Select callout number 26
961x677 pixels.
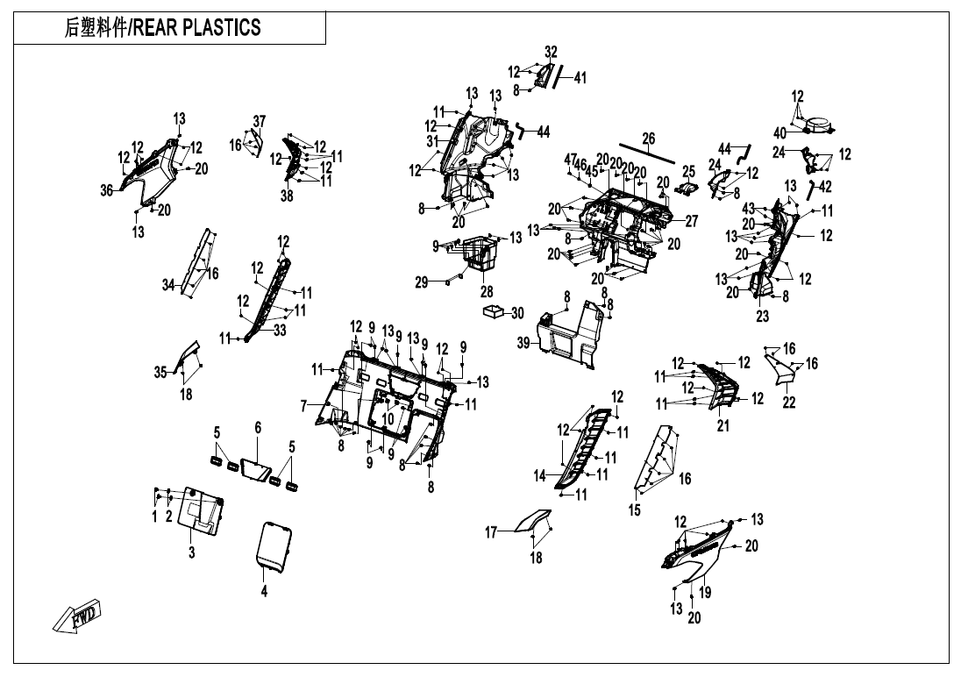point(648,138)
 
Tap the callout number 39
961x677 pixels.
point(523,344)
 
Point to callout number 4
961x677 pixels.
point(264,591)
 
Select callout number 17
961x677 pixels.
point(492,532)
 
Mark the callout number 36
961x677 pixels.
point(107,190)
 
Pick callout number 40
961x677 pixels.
point(780,133)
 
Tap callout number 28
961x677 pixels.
point(486,291)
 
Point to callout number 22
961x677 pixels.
point(789,402)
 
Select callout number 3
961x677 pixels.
point(192,552)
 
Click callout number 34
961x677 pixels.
point(169,285)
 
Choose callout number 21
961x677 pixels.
point(723,426)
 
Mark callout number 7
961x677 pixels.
point(304,405)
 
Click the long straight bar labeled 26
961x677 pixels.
point(648,153)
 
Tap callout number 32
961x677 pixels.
point(551,52)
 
